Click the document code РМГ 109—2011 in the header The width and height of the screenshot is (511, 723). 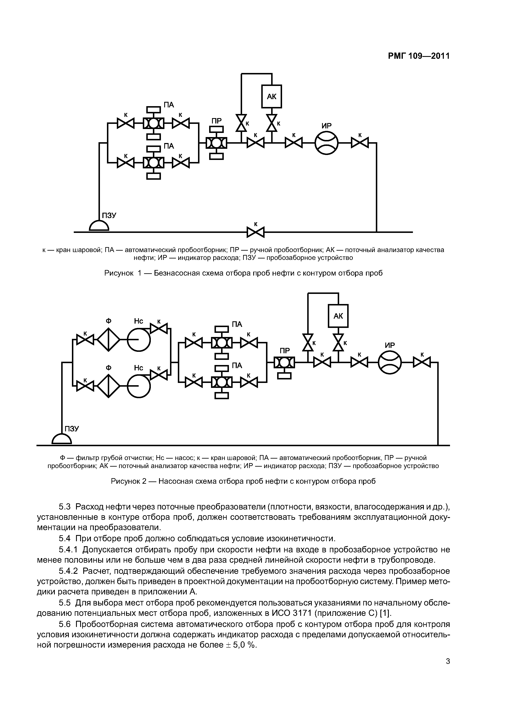[418, 56]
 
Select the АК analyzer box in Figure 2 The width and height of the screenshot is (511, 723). [338, 316]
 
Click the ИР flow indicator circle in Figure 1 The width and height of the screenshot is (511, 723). [327, 143]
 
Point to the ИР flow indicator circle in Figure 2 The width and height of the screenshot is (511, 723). [390, 363]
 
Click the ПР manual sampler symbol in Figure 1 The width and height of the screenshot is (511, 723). [216, 143]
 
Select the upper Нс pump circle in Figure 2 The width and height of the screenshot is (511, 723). [139, 339]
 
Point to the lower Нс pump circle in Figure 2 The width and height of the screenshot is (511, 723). [139, 386]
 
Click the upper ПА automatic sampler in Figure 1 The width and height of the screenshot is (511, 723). [153, 123]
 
